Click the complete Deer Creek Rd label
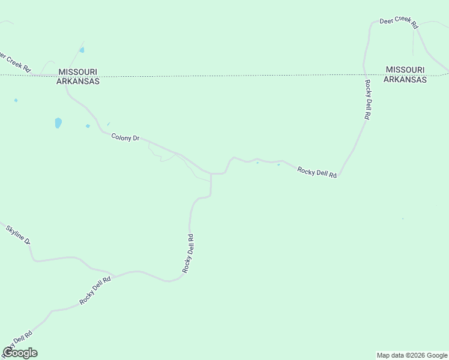pos(399,22)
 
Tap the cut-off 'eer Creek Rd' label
pos(15,62)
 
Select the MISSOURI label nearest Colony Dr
pos(77,72)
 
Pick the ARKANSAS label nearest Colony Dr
pos(77,82)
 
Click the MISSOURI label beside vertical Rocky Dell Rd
pos(406,70)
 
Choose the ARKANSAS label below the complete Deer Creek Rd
pos(405,79)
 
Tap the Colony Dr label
pos(125,137)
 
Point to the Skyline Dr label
pos(18,234)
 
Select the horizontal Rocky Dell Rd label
pos(317,172)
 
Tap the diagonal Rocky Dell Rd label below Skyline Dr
pos(95,290)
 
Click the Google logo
pos(20,353)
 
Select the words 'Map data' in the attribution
pos(390,355)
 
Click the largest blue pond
pos(58,123)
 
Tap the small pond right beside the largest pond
pos(88,126)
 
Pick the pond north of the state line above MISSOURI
pos(82,50)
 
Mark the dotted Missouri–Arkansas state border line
pos(240,76)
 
